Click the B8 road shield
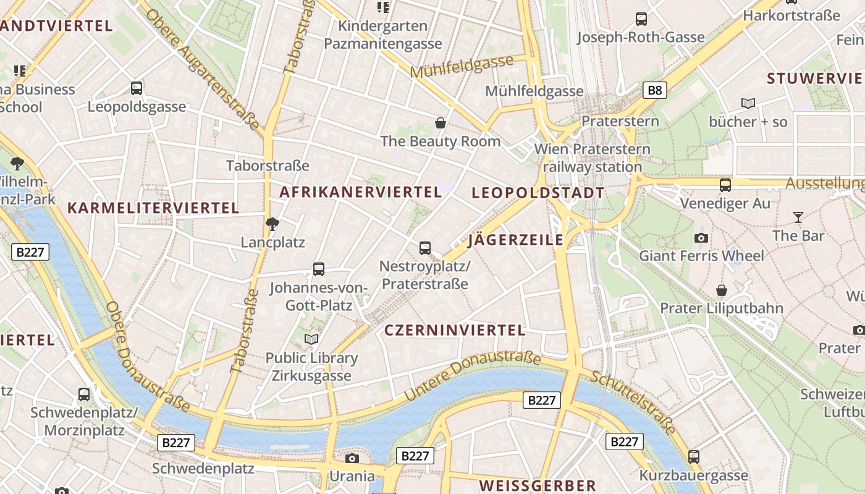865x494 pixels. pyautogui.click(x=655, y=91)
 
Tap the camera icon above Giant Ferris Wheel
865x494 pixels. pyautogui.click(x=701, y=238)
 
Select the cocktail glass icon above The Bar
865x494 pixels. pyautogui.click(x=798, y=217)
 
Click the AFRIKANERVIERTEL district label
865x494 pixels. pyautogui.click(x=361, y=192)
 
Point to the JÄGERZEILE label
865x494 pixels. pyautogui.click(x=516, y=240)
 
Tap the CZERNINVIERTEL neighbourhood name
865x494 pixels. pyautogui.click(x=455, y=330)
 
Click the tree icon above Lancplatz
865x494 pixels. pyautogui.click(x=272, y=224)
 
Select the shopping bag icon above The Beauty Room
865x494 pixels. pyautogui.click(x=441, y=123)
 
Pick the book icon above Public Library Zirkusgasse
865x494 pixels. pyautogui.click(x=311, y=339)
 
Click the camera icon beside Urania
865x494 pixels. pyautogui.click(x=352, y=458)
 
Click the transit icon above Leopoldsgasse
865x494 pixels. pyautogui.click(x=137, y=88)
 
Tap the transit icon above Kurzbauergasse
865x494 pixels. pyautogui.click(x=694, y=457)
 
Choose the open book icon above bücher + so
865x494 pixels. pyautogui.click(x=748, y=103)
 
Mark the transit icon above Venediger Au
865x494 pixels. pyautogui.click(x=725, y=185)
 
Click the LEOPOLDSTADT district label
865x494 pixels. pyautogui.click(x=538, y=193)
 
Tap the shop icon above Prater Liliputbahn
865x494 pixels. pyautogui.click(x=721, y=290)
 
